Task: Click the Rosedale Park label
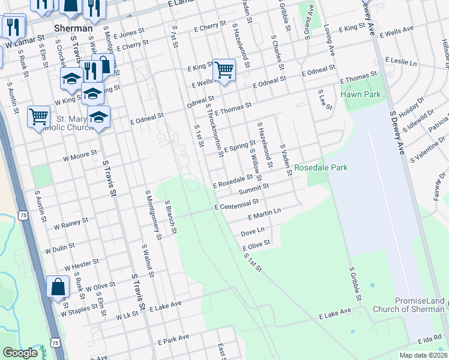click(x=321, y=168)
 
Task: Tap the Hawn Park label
click(x=360, y=94)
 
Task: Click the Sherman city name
click(x=73, y=28)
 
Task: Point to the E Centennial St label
click(x=237, y=205)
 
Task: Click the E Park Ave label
click(x=173, y=339)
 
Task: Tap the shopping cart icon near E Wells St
click(x=224, y=69)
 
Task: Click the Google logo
click(x=20, y=353)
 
